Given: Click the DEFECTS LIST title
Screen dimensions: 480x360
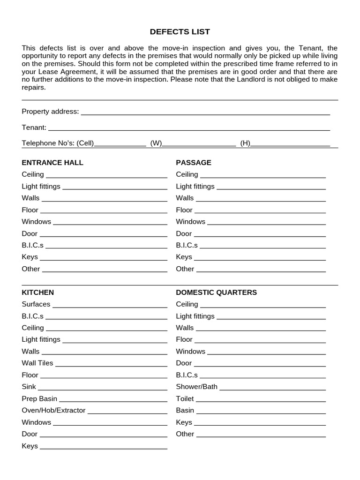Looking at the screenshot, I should [180, 32].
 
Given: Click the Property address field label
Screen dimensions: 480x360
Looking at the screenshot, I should [50, 112].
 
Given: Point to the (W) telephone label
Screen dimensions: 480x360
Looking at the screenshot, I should [156, 143].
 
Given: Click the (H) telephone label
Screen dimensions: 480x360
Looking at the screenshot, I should [245, 143].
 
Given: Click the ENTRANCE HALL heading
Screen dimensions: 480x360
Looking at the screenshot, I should [52, 163].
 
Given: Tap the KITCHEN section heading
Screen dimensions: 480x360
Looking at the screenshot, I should [38, 292].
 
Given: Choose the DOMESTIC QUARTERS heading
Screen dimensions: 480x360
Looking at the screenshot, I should [216, 292].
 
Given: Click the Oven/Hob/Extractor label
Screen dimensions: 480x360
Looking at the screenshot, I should [53, 411].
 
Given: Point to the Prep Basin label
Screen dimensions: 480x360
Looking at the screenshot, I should [39, 399].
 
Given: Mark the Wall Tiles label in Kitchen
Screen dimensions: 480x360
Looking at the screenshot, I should [37, 363].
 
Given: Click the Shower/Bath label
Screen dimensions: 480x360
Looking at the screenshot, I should [196, 387].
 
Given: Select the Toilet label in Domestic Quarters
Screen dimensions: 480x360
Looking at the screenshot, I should [185, 399].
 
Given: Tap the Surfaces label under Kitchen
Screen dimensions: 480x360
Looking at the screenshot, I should [36, 304].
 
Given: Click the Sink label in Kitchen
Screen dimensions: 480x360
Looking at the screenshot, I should [29, 387].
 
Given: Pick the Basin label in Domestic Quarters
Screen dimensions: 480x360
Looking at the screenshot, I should [185, 411].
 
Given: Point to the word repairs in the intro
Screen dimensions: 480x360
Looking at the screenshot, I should [33, 87].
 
